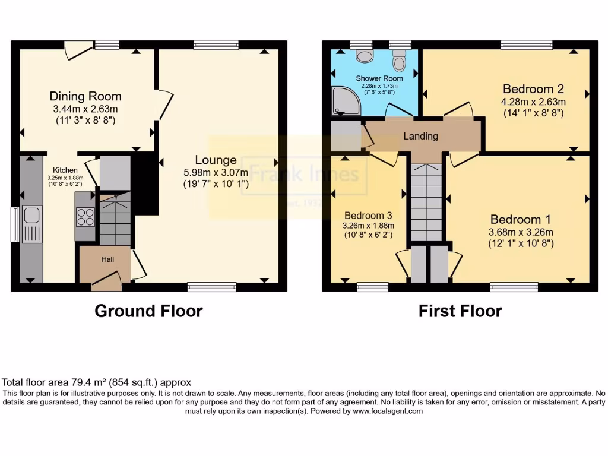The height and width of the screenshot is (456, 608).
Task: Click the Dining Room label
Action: (x=85, y=96)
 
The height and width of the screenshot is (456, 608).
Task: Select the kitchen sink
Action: (x=30, y=219)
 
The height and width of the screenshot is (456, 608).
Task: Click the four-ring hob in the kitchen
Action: (x=85, y=218)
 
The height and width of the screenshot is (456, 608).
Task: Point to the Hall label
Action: (x=107, y=259)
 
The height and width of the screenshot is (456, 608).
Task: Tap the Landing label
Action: (x=420, y=136)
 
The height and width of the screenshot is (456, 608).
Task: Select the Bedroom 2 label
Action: (x=533, y=89)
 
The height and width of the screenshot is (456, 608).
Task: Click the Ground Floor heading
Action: (x=148, y=311)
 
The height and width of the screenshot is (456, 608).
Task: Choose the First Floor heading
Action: (x=460, y=311)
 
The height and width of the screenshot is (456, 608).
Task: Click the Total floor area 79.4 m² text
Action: (x=97, y=382)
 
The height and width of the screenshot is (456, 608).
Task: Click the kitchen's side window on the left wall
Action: (x=14, y=224)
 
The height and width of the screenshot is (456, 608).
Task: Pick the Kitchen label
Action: (x=65, y=170)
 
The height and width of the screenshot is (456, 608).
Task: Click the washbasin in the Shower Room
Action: (x=363, y=56)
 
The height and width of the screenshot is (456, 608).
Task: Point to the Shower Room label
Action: (x=379, y=78)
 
